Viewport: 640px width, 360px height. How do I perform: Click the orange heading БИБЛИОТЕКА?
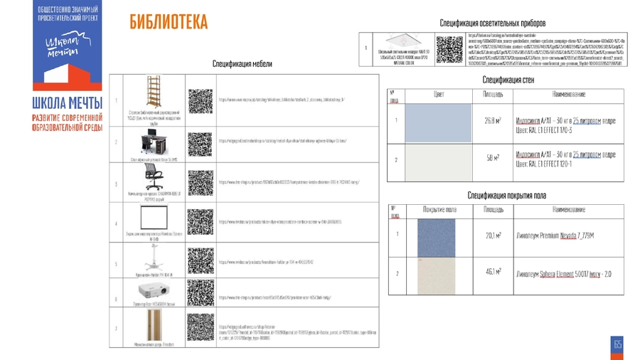pos(169,23)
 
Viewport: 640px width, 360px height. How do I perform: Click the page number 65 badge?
pos(617,345)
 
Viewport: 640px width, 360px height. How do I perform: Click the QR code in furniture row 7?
pos(200,327)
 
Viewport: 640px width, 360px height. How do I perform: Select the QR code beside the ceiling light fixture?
pos(449,49)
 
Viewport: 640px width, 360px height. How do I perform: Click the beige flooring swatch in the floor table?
pos(436,275)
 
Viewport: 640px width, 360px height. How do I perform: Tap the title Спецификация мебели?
pos(242,64)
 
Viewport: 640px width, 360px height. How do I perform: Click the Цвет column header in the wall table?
pos(439,94)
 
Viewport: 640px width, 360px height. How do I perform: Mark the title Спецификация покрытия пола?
pos(506,195)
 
